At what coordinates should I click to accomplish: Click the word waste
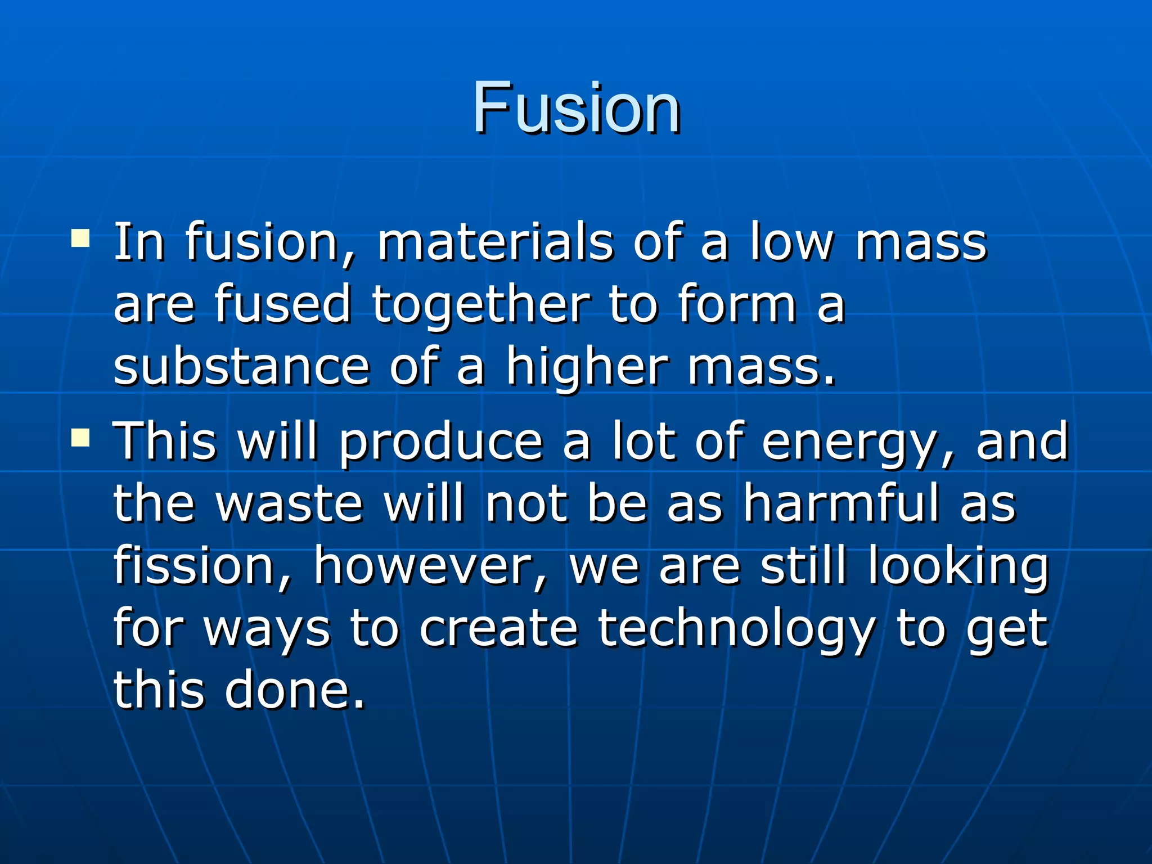point(290,503)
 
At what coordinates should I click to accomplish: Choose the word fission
point(194,565)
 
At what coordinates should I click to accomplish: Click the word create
point(498,628)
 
